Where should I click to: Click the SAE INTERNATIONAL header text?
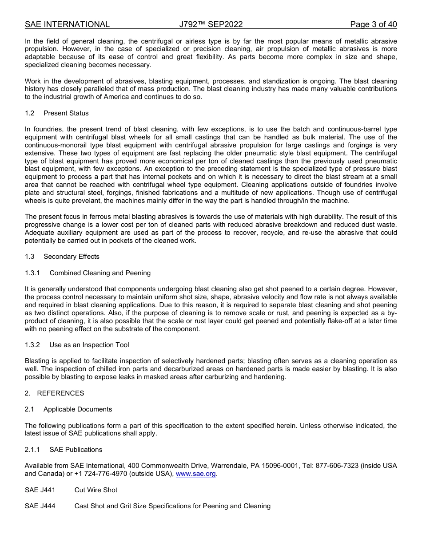[x=67, y=24]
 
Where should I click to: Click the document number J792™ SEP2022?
[x=211, y=24]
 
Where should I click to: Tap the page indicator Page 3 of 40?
[x=373, y=24]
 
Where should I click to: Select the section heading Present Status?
[x=66, y=113]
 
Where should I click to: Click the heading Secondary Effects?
[x=71, y=257]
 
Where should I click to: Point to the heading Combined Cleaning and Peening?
[x=100, y=273]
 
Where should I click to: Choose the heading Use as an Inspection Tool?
[x=89, y=345]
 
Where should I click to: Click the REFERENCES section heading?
[x=60, y=393]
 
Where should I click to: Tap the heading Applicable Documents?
[x=78, y=409]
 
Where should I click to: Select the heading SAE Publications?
[x=76, y=450]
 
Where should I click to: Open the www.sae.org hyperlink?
[x=195, y=474]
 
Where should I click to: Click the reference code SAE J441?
[x=40, y=490]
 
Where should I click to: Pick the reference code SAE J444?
[x=40, y=506]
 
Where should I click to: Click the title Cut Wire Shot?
[x=96, y=490]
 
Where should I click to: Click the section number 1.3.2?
[x=32, y=345]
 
